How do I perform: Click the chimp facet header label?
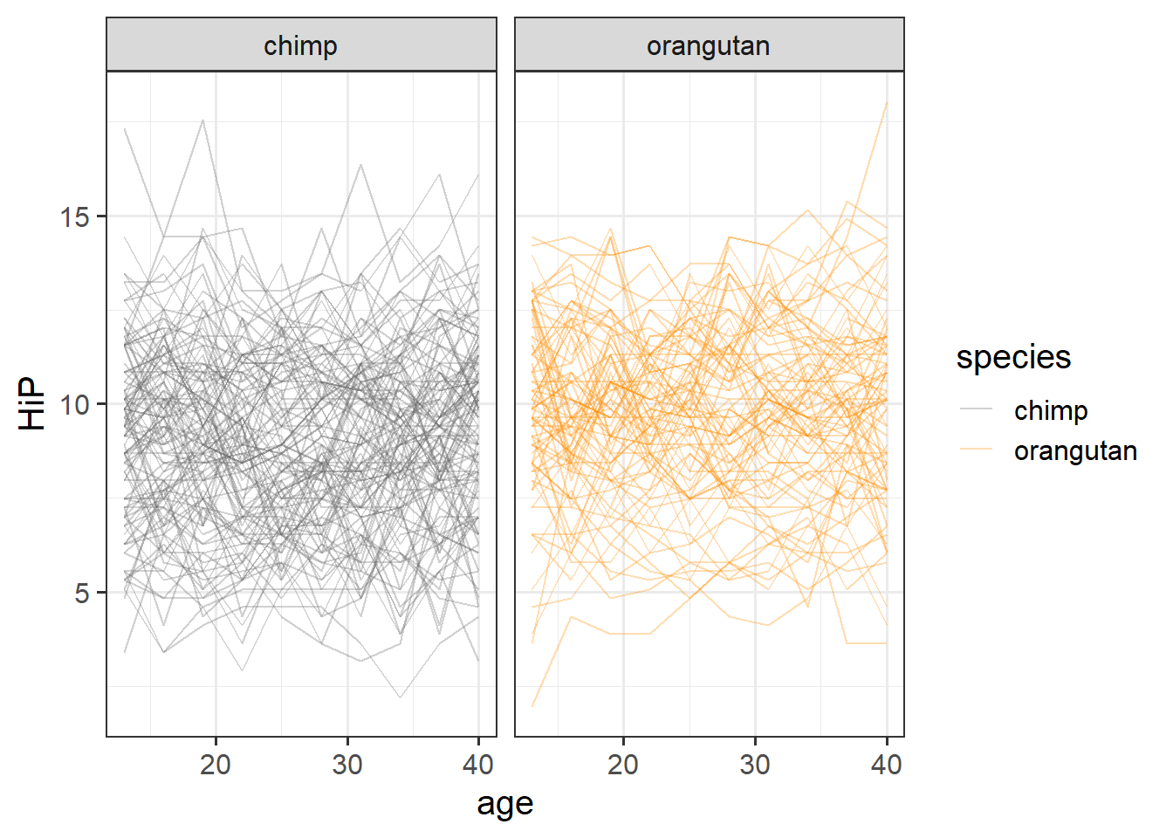[300, 45]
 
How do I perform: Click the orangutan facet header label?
[708, 45]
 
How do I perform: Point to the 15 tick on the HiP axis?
[76, 216]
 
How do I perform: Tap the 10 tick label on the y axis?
[76, 404]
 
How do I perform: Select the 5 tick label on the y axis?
[82, 593]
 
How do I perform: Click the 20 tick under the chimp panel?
[216, 765]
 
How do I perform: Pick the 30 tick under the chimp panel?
[347, 765]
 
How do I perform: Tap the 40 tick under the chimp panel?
[478, 765]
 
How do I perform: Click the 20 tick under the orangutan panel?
[623, 765]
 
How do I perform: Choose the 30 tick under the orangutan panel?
[755, 765]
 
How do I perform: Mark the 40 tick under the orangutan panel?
[887, 765]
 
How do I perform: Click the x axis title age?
[504, 804]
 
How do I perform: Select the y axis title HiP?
[32, 403]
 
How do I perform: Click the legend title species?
[1013, 357]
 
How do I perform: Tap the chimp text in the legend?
[1051, 410]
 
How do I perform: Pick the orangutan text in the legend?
[1075, 450]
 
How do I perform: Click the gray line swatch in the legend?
[977, 409]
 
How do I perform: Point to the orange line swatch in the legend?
[977, 450]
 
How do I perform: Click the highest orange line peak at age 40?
[887, 102]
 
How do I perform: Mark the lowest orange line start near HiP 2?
[532, 705]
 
